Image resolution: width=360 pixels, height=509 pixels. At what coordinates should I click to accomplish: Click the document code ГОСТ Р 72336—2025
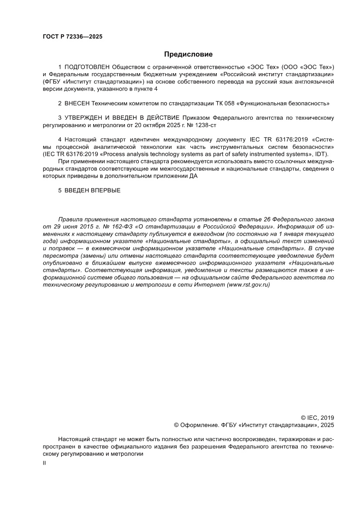point(72,37)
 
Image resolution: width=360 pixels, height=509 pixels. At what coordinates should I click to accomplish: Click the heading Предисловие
point(188,54)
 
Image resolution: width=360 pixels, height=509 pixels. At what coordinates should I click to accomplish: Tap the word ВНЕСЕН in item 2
point(77,104)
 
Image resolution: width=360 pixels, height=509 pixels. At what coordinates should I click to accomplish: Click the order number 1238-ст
point(204,125)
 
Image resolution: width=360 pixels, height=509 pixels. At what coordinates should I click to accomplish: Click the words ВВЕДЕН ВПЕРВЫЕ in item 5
point(92,191)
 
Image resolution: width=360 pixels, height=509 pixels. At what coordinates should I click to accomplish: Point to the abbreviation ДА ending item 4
point(194,176)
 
